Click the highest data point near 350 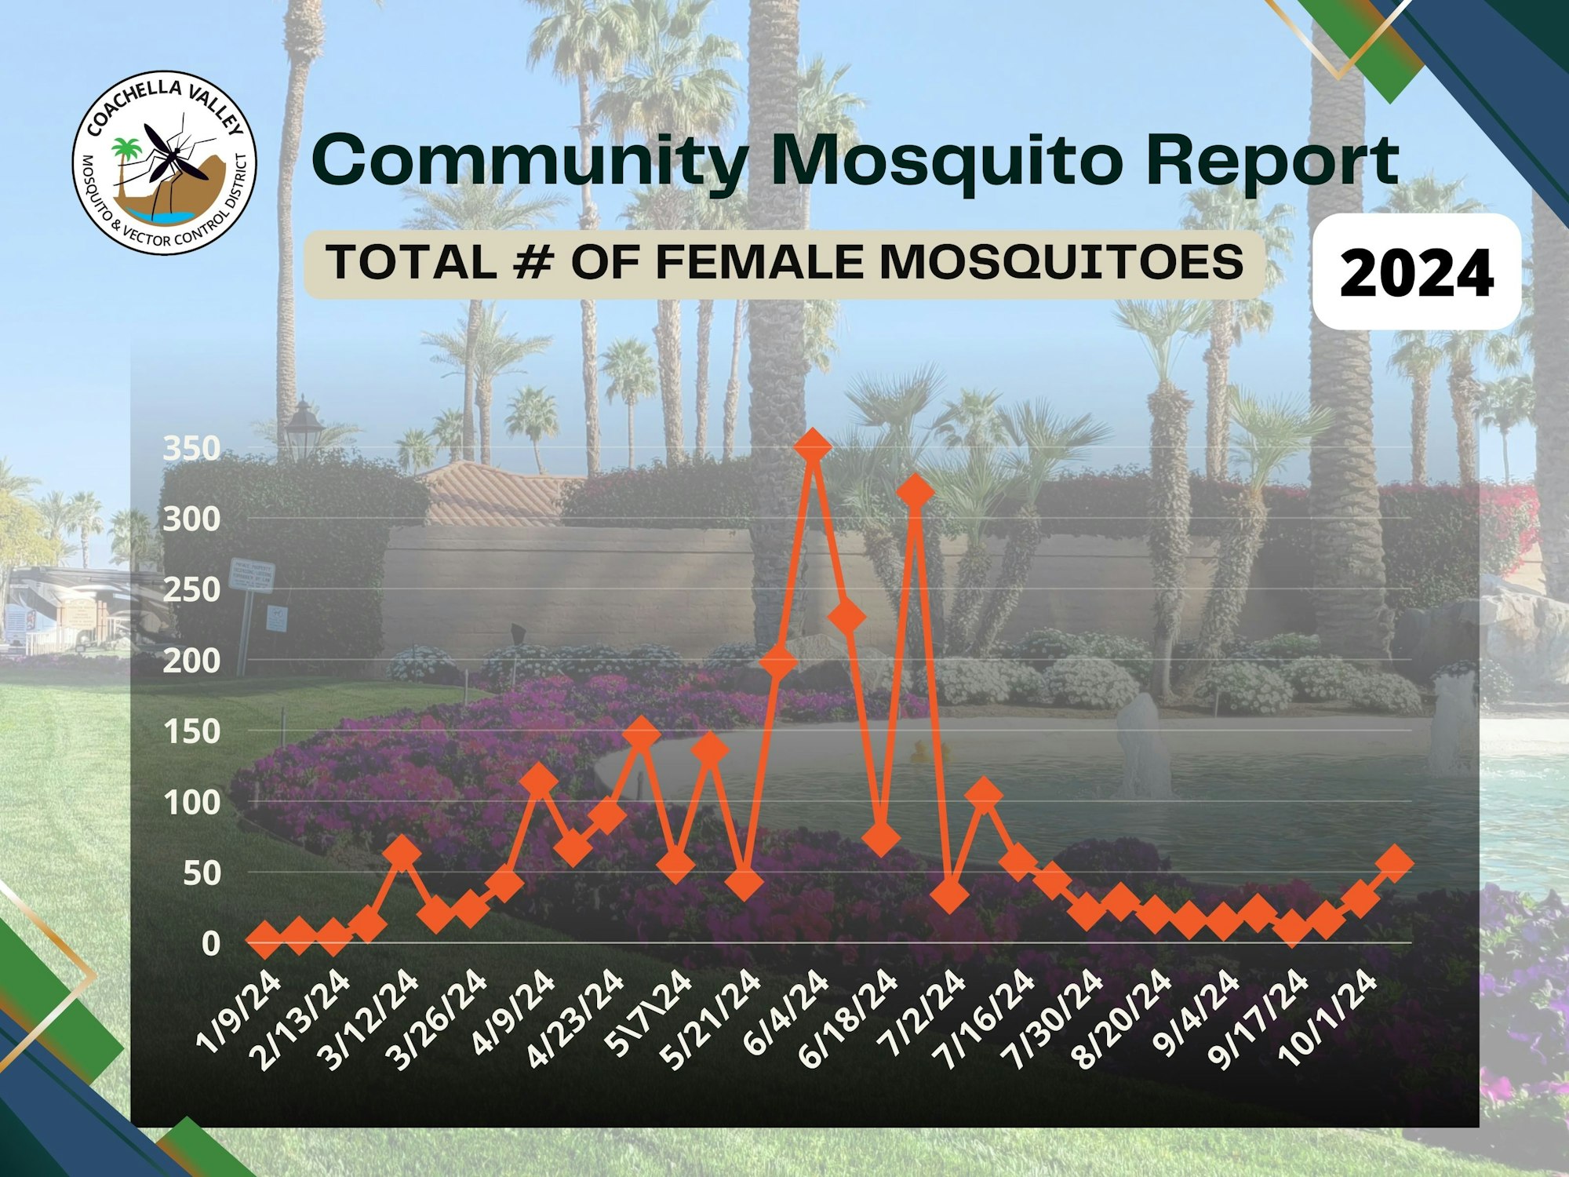[x=812, y=446]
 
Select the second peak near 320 [x=916, y=492]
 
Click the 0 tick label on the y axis [x=210, y=943]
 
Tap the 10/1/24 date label [x=1329, y=1017]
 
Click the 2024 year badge [x=1416, y=271]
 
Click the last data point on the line [x=1396, y=862]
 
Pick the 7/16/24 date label [x=988, y=1017]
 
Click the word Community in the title [x=530, y=161]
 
